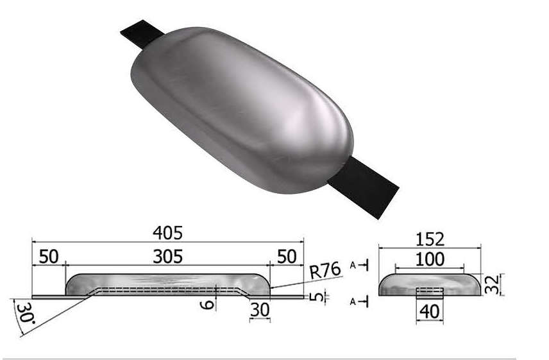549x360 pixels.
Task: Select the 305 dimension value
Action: (x=168, y=257)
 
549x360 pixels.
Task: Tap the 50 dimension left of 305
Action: (x=48, y=257)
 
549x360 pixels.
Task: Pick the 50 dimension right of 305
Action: (x=287, y=257)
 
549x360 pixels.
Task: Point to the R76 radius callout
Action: (x=325, y=271)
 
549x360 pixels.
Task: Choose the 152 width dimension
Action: (x=429, y=239)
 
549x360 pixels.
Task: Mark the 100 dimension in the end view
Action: (x=429, y=260)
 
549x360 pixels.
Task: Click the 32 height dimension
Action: (x=492, y=283)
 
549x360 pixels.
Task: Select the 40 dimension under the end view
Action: (x=428, y=313)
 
